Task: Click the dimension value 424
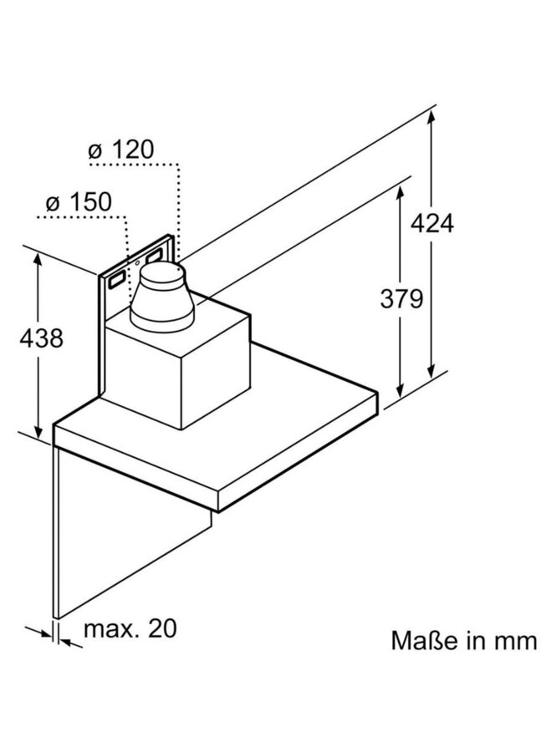432,223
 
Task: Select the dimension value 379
401,298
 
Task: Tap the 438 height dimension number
39,338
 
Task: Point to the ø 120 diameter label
121,150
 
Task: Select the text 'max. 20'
130,628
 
